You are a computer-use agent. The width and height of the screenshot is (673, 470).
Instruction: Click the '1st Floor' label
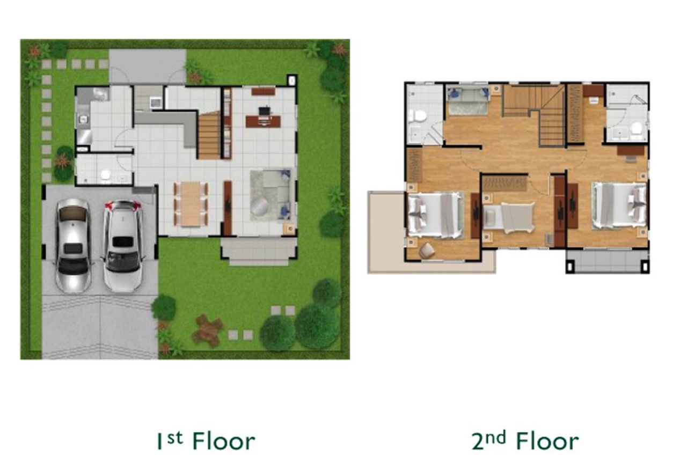point(206,441)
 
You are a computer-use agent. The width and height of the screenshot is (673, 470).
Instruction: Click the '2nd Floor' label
point(525,441)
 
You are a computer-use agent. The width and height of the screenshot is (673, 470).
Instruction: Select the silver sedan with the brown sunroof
point(73,245)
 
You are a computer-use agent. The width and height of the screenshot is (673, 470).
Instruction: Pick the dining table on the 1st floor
point(191,204)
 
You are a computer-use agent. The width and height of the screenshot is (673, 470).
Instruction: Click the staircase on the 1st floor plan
point(209,135)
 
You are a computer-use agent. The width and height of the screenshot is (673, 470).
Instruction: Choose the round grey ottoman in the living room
point(260,207)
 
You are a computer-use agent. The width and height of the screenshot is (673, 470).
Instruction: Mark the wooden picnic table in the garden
point(208,330)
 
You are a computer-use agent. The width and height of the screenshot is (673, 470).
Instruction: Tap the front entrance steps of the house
point(259,252)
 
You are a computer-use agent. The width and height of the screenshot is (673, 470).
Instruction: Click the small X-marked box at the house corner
point(292,80)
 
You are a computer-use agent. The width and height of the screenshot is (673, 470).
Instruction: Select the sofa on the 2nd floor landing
point(469,101)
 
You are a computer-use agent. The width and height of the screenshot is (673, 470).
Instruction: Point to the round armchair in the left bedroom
point(427,250)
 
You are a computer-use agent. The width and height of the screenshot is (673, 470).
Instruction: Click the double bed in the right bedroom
point(619,205)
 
